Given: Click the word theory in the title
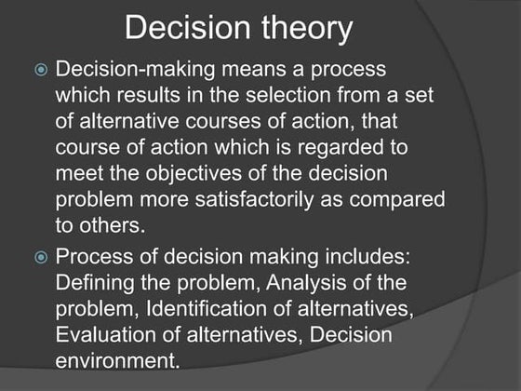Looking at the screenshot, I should (x=306, y=30).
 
